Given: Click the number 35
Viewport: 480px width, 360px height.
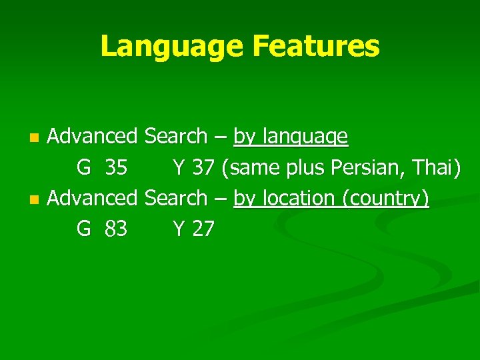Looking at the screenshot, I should point(116,168).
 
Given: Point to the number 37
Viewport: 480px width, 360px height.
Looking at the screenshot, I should point(203,168).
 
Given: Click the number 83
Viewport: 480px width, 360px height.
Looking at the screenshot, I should point(116,229).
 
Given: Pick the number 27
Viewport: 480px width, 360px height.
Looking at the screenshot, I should point(203,229).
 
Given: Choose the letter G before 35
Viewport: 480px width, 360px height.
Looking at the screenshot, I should point(83,168).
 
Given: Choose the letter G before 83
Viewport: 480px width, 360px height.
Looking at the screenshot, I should point(83,229).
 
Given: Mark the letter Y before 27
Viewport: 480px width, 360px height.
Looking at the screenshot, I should point(179,229).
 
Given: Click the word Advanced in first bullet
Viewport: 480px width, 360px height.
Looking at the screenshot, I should point(92,137).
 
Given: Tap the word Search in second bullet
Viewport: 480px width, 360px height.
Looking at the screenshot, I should point(176,198).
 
